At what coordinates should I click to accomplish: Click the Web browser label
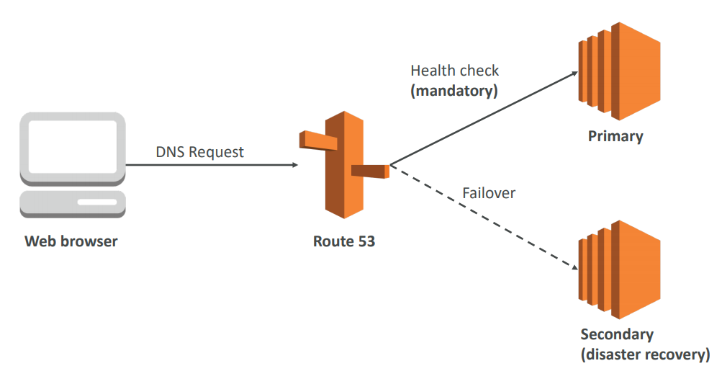(x=71, y=241)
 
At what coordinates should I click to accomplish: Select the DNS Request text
(x=199, y=152)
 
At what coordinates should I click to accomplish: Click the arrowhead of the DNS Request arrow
(x=294, y=165)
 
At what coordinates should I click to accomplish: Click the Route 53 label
(x=343, y=241)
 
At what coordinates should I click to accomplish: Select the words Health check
(x=454, y=71)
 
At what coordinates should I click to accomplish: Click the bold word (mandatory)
(x=454, y=91)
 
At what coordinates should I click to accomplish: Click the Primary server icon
(x=618, y=71)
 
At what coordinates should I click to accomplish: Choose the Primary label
(x=615, y=136)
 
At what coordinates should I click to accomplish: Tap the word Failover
(x=489, y=193)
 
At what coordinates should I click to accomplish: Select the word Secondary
(x=617, y=334)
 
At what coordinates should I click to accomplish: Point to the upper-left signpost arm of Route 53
(x=317, y=140)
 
